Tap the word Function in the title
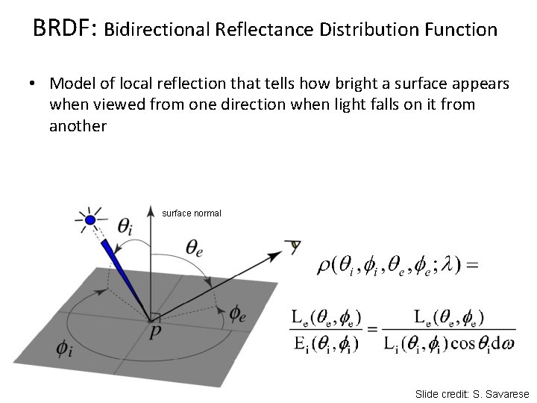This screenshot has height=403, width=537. [x=461, y=30]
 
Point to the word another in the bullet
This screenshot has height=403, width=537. [x=78, y=125]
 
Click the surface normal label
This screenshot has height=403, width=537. [x=192, y=213]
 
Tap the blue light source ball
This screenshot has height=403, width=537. [x=90, y=220]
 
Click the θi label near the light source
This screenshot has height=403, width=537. [x=125, y=225]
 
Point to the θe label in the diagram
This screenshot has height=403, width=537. [x=195, y=247]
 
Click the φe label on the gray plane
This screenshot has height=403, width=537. [x=238, y=313]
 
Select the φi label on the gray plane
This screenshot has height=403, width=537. [x=65, y=348]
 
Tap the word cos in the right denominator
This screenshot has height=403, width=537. [x=466, y=344]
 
